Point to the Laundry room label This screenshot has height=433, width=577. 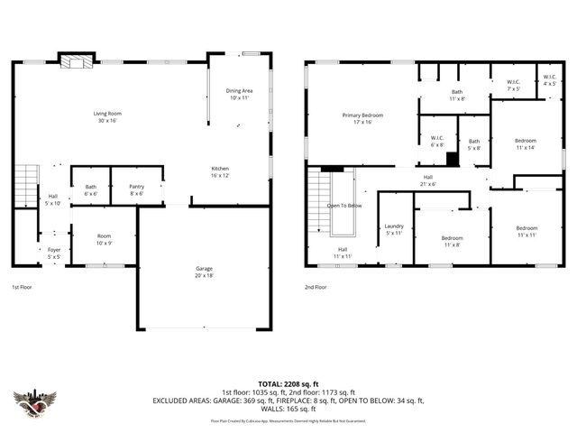(394, 229)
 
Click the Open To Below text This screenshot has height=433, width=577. (344, 205)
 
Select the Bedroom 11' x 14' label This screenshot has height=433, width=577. (526, 143)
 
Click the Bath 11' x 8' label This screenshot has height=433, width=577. (457, 95)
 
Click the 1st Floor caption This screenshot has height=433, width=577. (23, 287)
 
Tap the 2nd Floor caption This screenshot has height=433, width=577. (316, 287)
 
